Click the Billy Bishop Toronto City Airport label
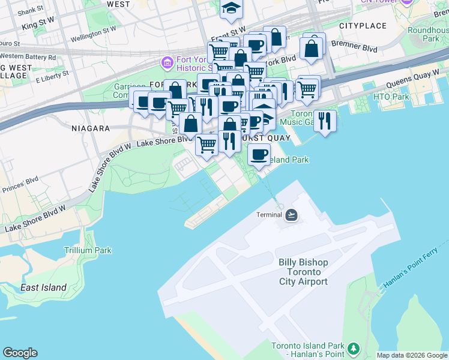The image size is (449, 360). coord(303,272)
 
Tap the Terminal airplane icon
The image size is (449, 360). coord(292,215)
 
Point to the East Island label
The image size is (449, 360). coord(43,287)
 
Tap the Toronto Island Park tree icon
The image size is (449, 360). coord(354,348)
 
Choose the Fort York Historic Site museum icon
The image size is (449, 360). coord(166,62)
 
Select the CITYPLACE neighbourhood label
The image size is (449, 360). coord(363,26)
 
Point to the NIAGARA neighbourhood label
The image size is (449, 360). coord(91,128)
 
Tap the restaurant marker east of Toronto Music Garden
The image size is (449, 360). coord(325,121)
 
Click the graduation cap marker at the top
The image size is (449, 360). coord(231,8)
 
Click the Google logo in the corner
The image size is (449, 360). coord(20,353)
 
